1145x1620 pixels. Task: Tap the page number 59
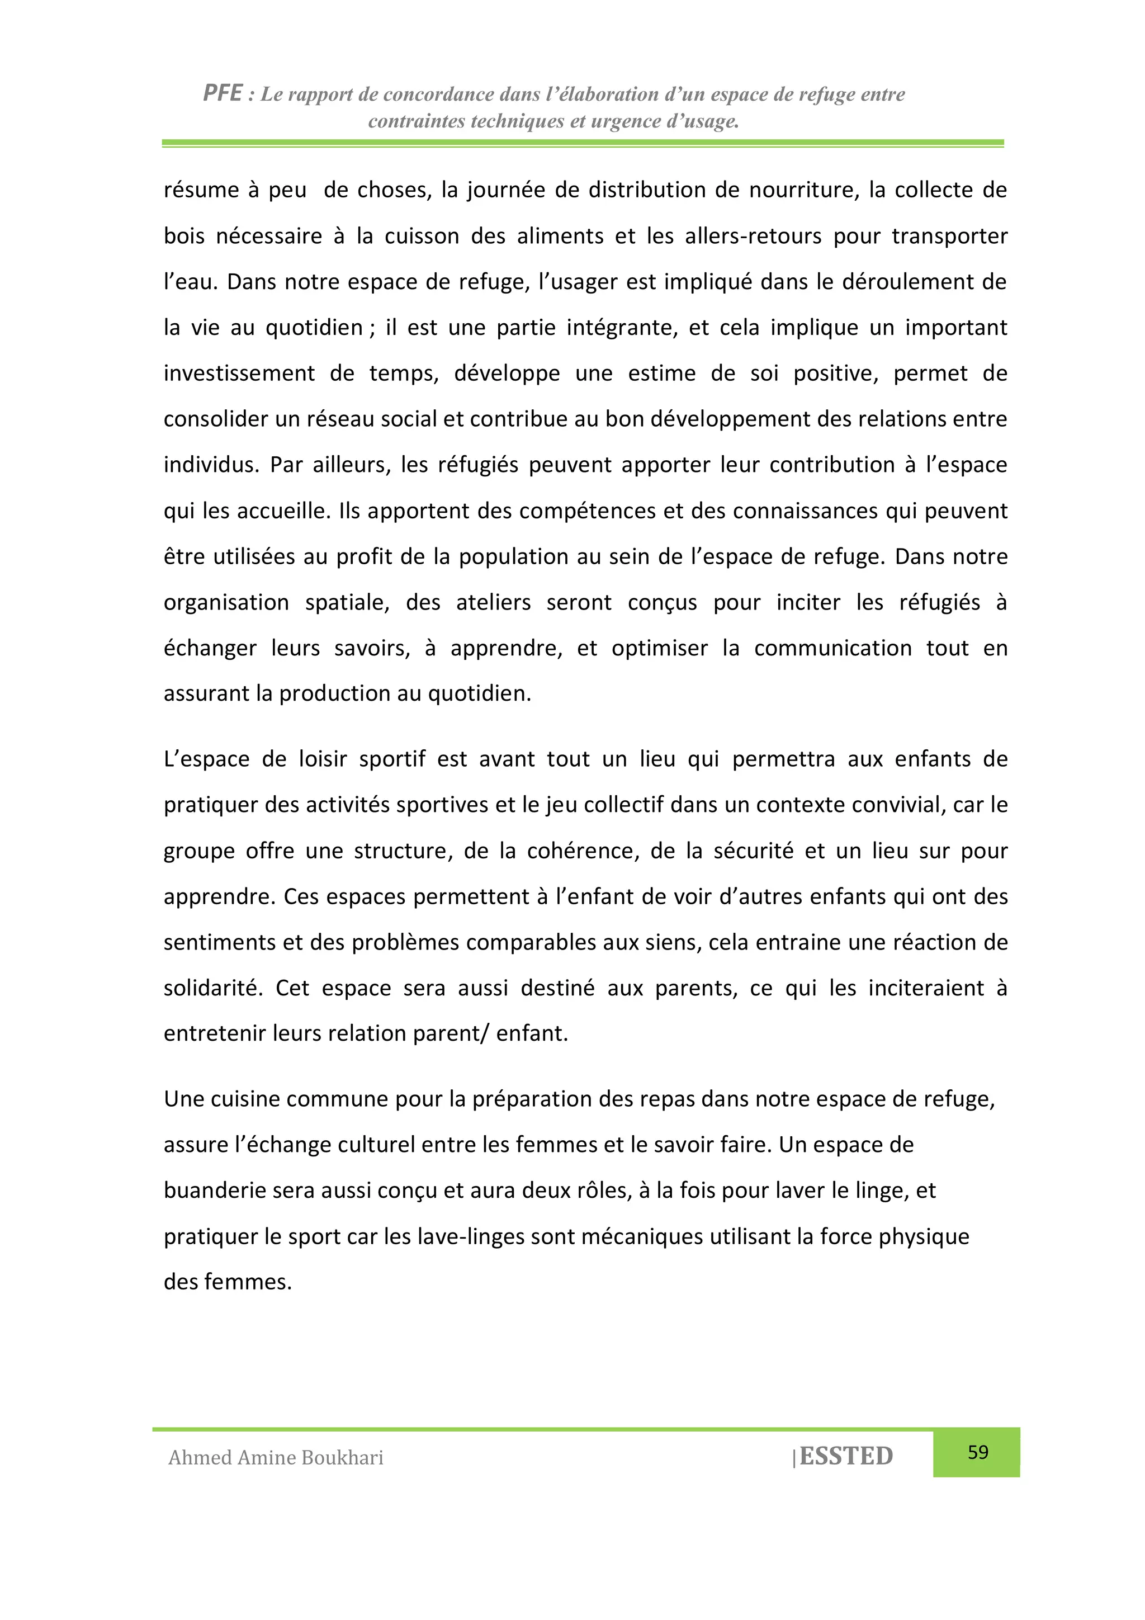tap(977, 1452)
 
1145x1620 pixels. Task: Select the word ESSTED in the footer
tap(846, 1456)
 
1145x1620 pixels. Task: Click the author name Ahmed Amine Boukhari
tap(276, 1458)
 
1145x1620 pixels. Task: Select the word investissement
tap(239, 373)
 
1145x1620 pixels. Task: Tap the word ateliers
tap(493, 603)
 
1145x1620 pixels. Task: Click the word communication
tap(832, 649)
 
